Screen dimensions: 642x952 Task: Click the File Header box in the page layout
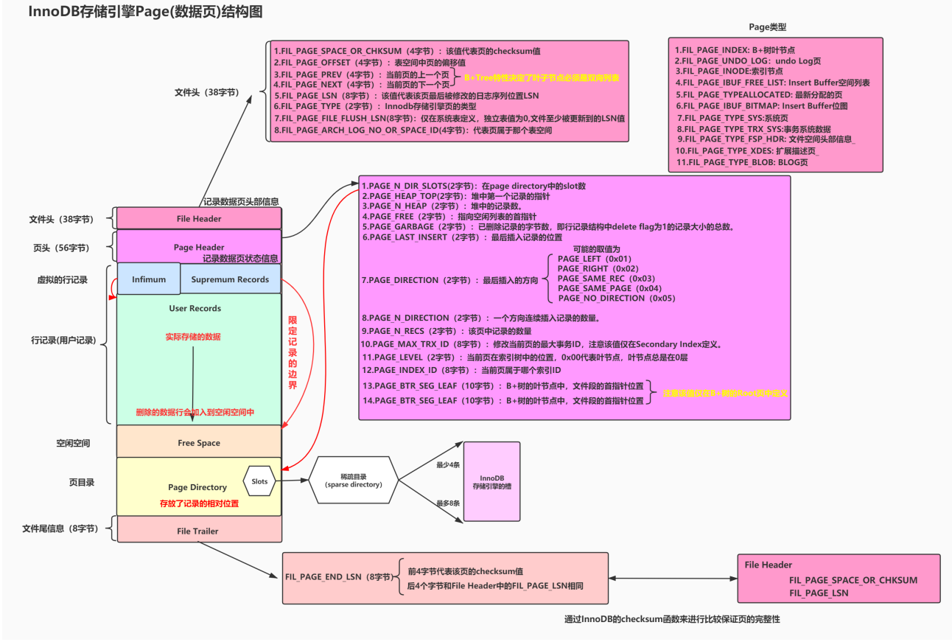pos(199,219)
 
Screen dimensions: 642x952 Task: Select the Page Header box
pos(199,247)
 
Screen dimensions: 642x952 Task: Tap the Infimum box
pos(149,279)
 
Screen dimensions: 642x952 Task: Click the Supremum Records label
pos(230,279)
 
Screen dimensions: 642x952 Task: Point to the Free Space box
pos(199,443)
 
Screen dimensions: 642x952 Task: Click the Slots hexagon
pos(259,481)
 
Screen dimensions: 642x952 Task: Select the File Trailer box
pos(199,531)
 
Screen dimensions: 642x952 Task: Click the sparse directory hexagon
pos(354,480)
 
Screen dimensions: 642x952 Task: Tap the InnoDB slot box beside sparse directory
pos(491,481)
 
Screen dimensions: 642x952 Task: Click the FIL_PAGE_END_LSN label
pos(337,577)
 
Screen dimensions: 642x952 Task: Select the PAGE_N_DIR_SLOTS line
pos(473,186)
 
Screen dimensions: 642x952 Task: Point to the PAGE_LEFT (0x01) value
pos(595,259)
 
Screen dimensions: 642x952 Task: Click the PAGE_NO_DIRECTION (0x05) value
pos(617,299)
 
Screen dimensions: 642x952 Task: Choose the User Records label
pos(195,308)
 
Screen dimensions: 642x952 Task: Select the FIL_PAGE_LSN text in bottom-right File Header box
pos(819,593)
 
